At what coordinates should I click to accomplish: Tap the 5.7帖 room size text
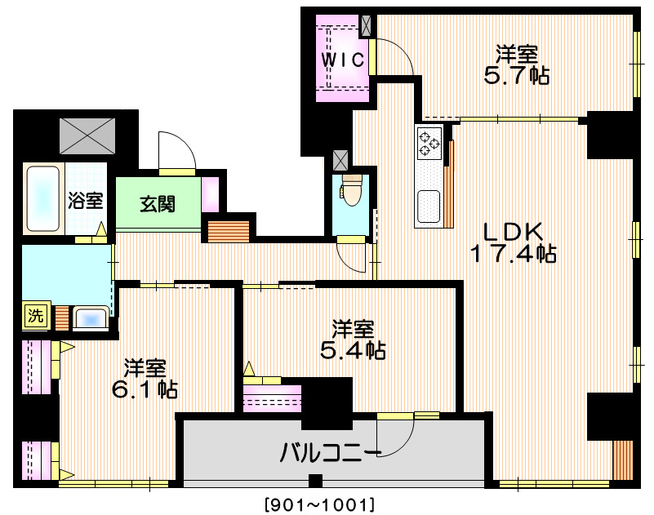pos(515,76)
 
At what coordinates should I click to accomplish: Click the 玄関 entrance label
pos(157,204)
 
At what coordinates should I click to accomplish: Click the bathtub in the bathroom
pos(42,199)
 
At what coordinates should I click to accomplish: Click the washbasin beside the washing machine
pos(90,317)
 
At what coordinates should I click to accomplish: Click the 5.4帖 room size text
pos(353,351)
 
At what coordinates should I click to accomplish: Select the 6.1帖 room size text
pos(145,388)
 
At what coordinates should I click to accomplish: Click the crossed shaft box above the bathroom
pos(87,135)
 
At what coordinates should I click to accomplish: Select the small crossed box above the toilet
pos(341,158)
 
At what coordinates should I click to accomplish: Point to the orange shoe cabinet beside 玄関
pos(228,230)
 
